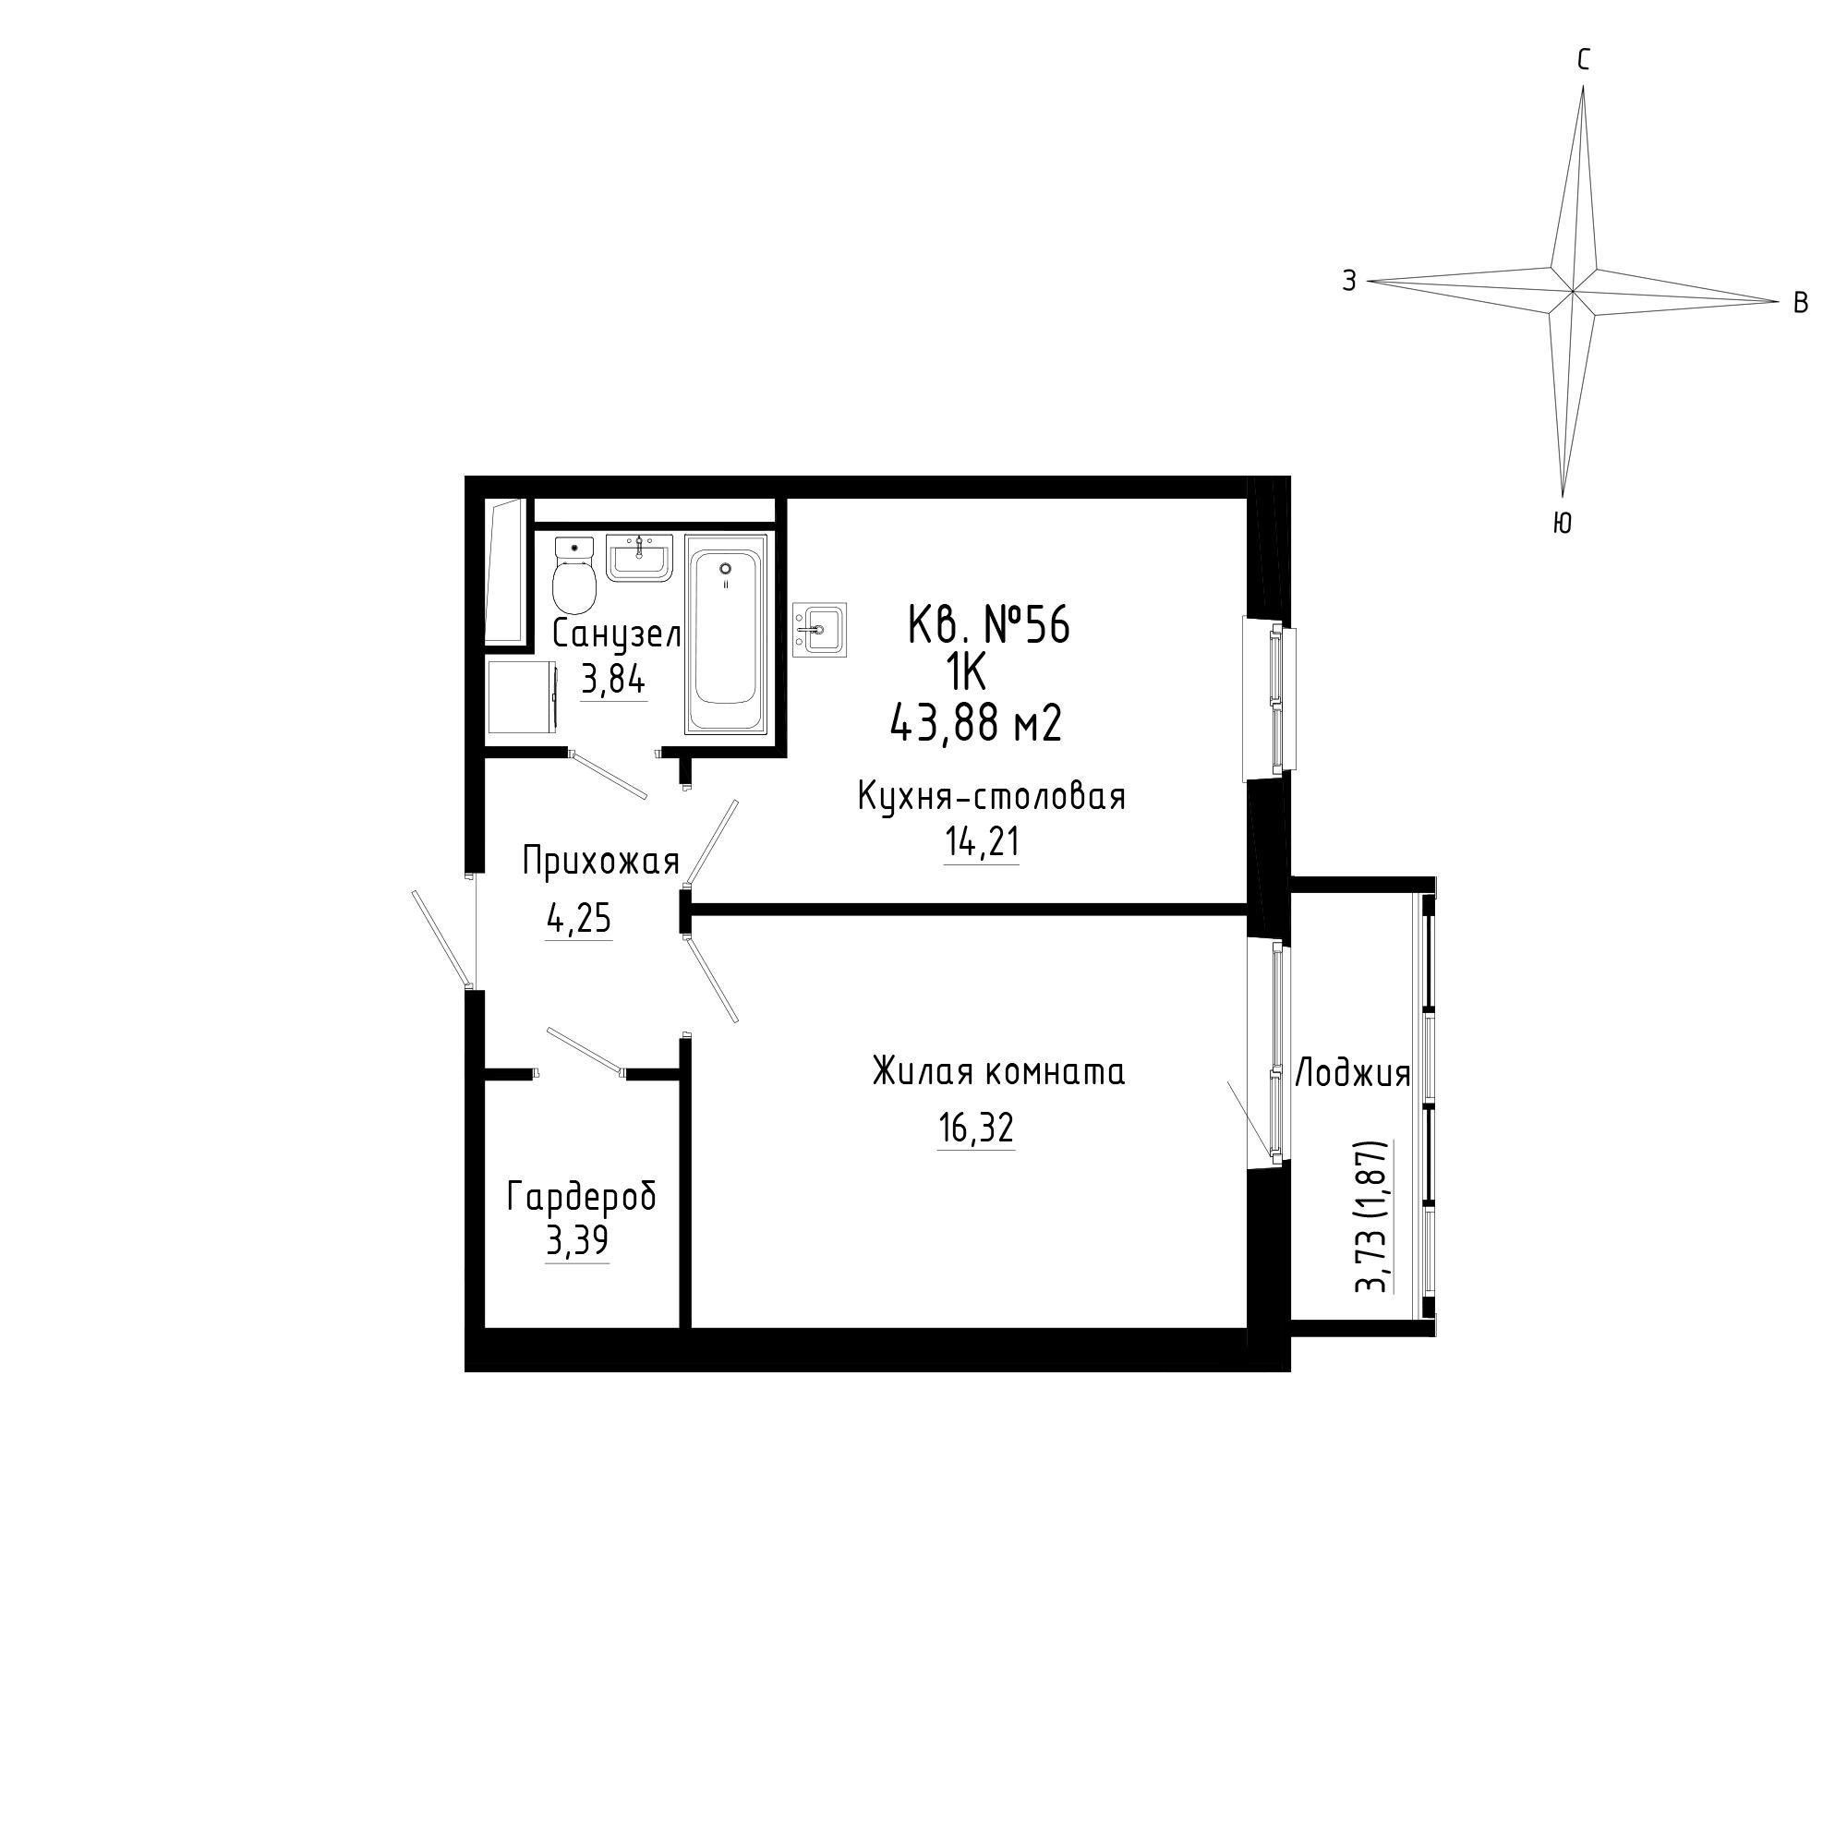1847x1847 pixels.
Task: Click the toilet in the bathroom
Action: pyautogui.click(x=574, y=576)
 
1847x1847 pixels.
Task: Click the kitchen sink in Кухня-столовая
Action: pyautogui.click(x=819, y=630)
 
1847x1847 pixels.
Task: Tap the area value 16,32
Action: pyautogui.click(x=976, y=1129)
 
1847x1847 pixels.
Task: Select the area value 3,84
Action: pyautogui.click(x=614, y=681)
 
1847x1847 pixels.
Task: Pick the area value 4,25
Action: pyautogui.click(x=578, y=920)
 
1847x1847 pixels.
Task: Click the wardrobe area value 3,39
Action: pyautogui.click(x=577, y=1241)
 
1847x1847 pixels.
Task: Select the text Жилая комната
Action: pyautogui.click(x=998, y=1071)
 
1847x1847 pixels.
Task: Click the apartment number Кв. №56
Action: pyautogui.click(x=988, y=627)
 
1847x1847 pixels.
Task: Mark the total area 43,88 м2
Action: pyautogui.click(x=976, y=724)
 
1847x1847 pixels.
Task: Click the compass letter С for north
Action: pyautogui.click(x=1583, y=61)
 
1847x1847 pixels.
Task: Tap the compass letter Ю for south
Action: pyautogui.click(x=1563, y=522)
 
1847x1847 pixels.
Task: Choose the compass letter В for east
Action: pyautogui.click(x=1800, y=303)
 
